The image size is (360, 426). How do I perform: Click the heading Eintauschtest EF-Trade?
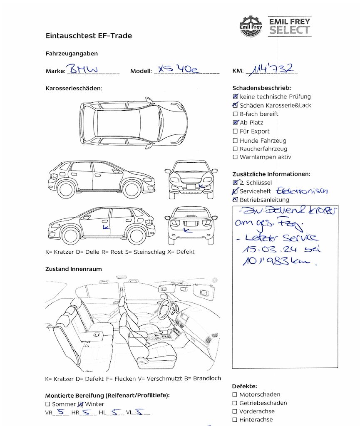coord(89,36)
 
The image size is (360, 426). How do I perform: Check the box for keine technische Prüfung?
coord(236,97)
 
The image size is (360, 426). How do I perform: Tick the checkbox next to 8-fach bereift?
coord(236,114)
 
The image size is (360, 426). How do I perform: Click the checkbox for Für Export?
coord(236,131)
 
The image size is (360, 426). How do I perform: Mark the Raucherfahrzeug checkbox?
coord(236,149)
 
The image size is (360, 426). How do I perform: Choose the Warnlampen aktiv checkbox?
coord(236,157)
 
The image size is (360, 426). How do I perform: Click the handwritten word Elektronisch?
coord(302,191)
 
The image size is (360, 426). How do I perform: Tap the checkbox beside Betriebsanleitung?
coord(236,200)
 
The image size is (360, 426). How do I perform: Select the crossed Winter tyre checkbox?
coord(81,404)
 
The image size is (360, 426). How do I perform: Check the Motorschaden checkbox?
coord(235,394)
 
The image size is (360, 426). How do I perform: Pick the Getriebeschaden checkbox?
coord(235,403)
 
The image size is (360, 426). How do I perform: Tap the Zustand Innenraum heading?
coord(73,269)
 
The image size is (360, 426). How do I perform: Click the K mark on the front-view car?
coord(201,186)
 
